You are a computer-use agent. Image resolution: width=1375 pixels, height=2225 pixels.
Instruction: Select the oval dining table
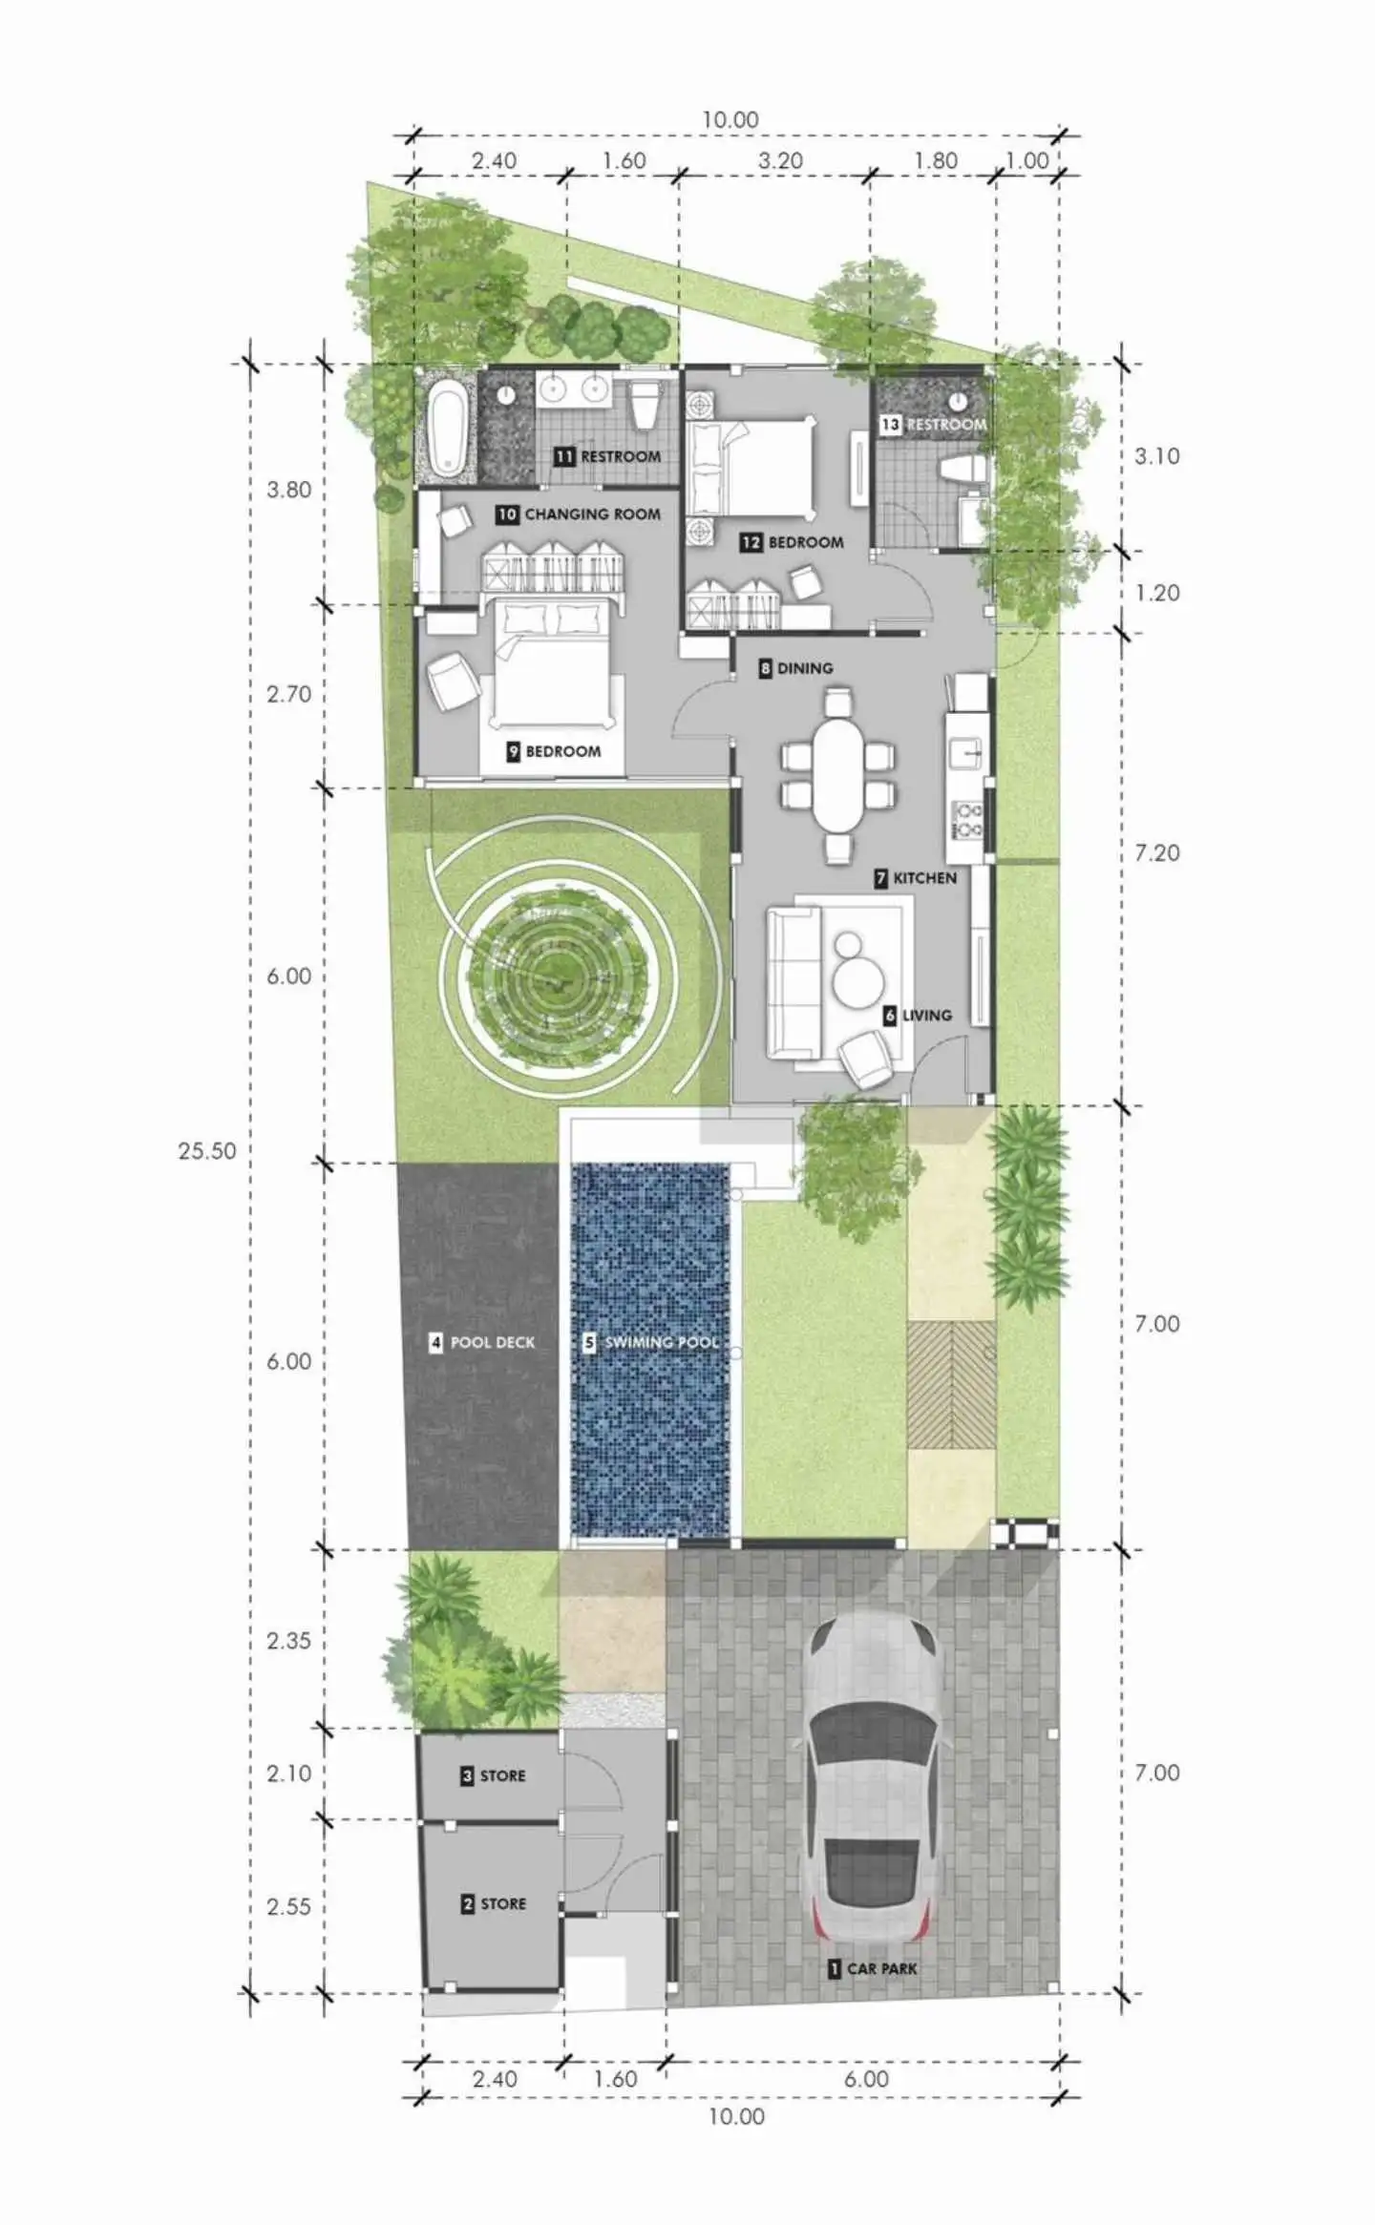tap(837, 776)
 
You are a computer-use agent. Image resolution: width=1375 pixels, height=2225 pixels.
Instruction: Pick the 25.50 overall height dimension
tap(207, 1150)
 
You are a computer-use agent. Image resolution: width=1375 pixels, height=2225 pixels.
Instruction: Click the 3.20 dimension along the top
tap(780, 160)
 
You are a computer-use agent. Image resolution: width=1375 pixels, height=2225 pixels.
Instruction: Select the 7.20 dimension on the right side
tap(1157, 852)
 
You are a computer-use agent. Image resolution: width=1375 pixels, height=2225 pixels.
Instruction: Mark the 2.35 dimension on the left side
tap(288, 1641)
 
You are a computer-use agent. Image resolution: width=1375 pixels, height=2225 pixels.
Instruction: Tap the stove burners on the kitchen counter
tap(968, 820)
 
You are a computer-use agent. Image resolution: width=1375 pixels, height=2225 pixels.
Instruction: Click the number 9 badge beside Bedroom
tap(513, 751)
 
